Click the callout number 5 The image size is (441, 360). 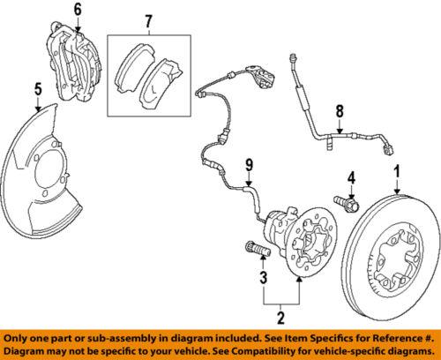tap(38, 89)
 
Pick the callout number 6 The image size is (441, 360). tap(77, 11)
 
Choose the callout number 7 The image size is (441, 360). tap(148, 19)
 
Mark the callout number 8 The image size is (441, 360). tap(338, 112)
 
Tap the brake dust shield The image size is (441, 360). tap(44, 176)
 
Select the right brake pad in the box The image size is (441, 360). tap(163, 77)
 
